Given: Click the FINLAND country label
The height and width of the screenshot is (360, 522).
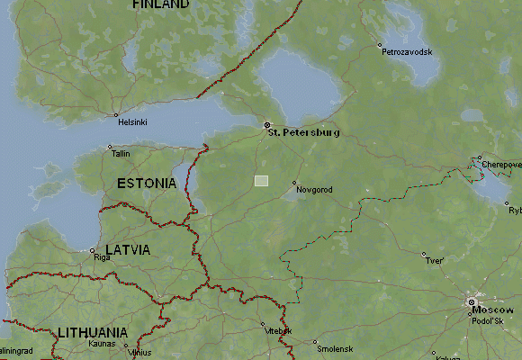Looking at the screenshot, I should tap(160, 4).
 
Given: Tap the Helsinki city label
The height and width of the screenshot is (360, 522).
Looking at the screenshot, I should tap(131, 121).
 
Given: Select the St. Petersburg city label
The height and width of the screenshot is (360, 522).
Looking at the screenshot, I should tap(304, 132).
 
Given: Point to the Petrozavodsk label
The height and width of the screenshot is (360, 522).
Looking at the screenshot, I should tap(407, 52).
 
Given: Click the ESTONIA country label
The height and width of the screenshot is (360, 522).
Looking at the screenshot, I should tap(147, 183).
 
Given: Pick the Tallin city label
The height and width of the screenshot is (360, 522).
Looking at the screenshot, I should tap(121, 154).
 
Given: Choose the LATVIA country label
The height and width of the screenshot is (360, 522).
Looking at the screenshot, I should tap(128, 249).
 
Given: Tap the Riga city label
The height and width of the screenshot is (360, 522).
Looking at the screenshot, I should tap(102, 257).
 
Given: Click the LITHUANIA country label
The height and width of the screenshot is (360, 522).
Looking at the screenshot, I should tap(92, 332).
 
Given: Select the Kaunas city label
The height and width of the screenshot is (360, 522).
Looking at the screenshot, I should tap(102, 344).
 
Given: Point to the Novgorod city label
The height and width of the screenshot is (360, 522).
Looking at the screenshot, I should tap(315, 190).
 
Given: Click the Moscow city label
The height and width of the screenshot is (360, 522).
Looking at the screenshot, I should tap(492, 310).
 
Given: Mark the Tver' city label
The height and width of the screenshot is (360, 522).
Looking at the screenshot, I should tap(436, 261).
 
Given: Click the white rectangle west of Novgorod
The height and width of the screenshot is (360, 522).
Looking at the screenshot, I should tap(261, 181).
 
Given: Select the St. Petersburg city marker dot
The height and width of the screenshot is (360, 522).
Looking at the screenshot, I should tap(266, 125).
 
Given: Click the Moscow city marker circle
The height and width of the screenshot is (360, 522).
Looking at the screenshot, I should tap(471, 302).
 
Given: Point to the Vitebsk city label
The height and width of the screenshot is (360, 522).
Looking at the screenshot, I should tap(276, 331).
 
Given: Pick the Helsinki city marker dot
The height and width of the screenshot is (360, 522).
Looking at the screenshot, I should tap(116, 115).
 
